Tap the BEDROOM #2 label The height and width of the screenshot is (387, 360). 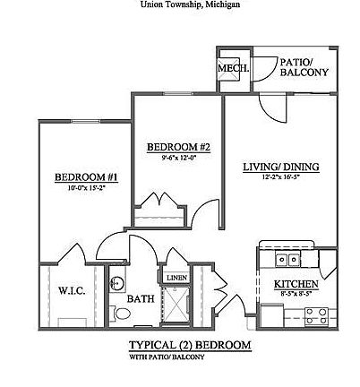pyautogui.click(x=177, y=147)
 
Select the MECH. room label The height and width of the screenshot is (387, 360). pyautogui.click(x=234, y=69)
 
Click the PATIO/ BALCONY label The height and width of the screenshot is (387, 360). pyautogui.click(x=304, y=67)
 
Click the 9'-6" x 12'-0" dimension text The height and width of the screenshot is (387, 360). pyautogui.click(x=177, y=158)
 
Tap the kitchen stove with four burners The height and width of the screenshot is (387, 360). pyautogui.click(x=316, y=314)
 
